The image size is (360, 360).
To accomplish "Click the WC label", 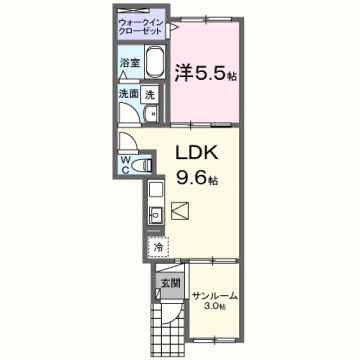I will tap(126, 163).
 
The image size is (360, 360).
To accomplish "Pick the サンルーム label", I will tap(213, 295).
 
